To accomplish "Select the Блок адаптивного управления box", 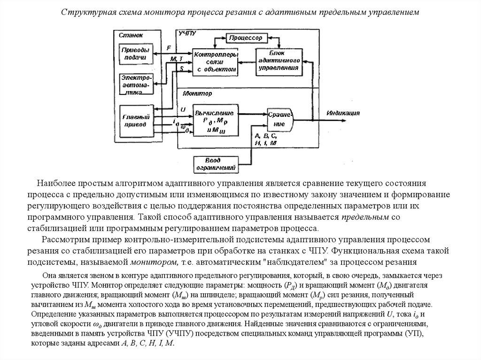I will pyautogui.click(x=279, y=61).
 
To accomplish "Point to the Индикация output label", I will pyautogui.click(x=344, y=113).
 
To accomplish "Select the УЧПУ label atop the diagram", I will pyautogui.click(x=187, y=33).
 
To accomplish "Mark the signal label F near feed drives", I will pyautogui.click(x=169, y=48).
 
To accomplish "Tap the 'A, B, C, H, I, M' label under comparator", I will pyautogui.click(x=266, y=139).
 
